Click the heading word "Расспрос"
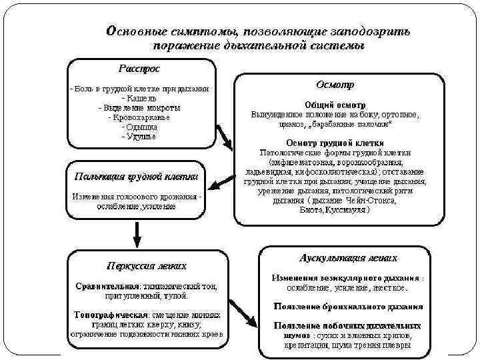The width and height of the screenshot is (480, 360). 139,68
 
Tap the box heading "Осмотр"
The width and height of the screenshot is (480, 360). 335,85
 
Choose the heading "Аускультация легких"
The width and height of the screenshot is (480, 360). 349,257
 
